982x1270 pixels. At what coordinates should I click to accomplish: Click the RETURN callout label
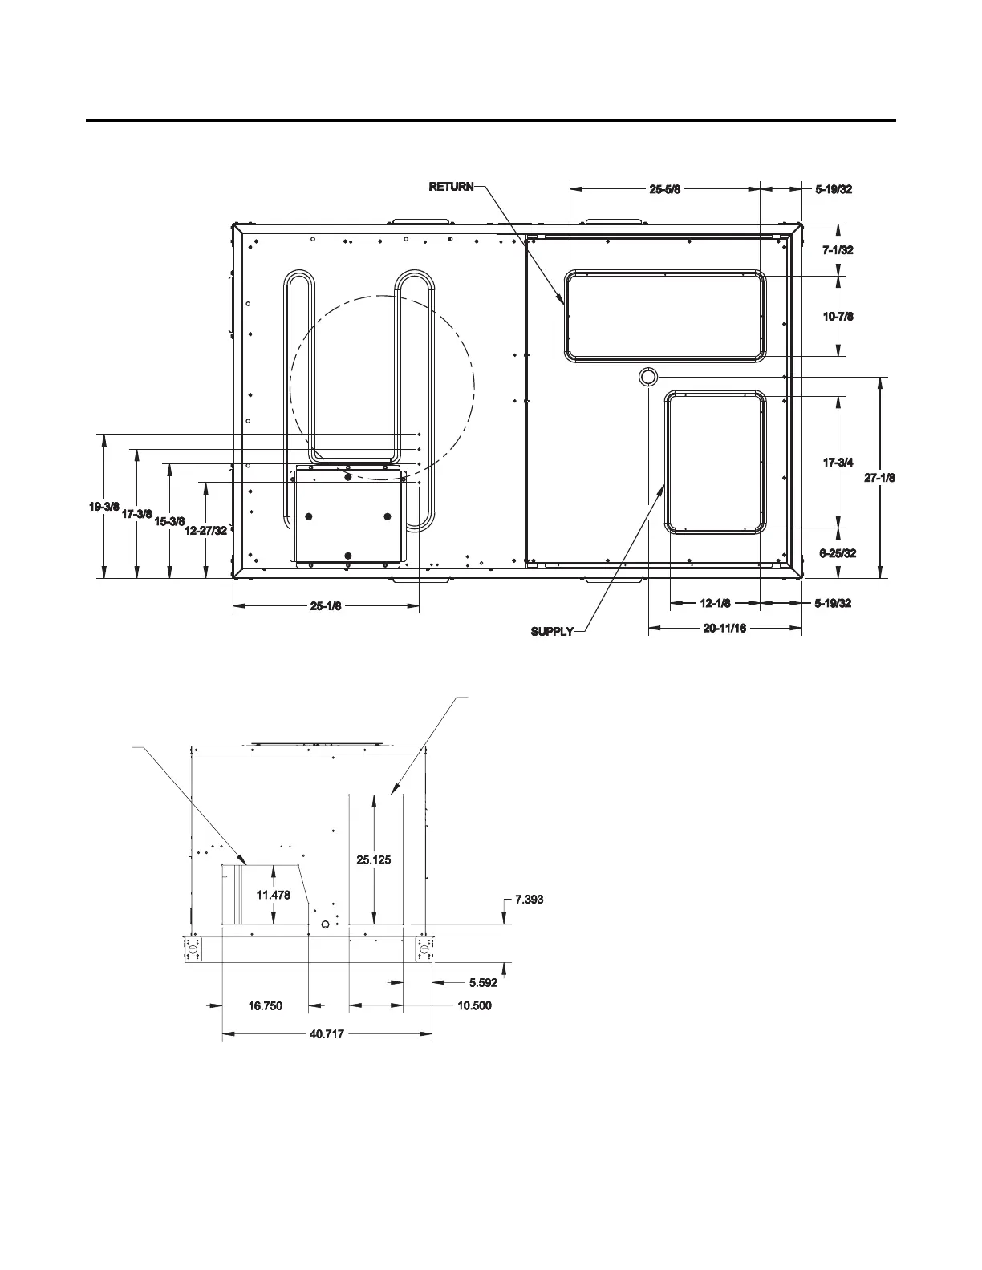pos(451,187)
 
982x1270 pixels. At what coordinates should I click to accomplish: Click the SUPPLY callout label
pos(552,631)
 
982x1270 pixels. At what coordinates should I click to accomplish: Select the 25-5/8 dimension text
pos(665,189)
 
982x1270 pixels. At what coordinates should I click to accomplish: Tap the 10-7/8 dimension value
pos(838,316)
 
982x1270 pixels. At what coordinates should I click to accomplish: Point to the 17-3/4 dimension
pos(838,463)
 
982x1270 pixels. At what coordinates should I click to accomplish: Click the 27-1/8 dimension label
pos(879,478)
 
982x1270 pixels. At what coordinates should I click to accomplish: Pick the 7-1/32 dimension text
pos(838,249)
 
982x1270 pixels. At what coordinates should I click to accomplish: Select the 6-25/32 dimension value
pos(838,553)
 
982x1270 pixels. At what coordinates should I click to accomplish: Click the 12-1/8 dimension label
pos(716,603)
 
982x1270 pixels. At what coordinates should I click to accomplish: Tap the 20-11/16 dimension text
pos(724,629)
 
